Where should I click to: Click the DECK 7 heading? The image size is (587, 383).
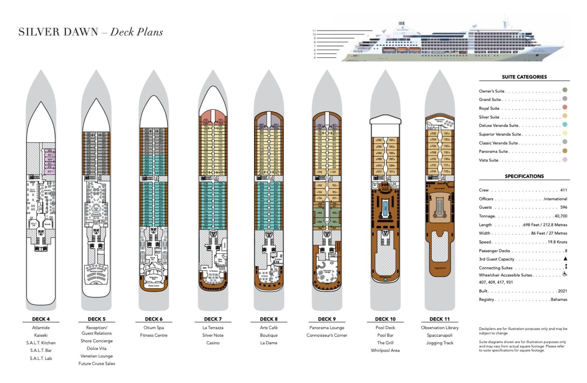(x=213, y=319)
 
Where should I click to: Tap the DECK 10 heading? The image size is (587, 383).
(x=385, y=319)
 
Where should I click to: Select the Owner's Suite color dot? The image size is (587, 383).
(x=565, y=90)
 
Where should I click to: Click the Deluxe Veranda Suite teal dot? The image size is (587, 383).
(x=565, y=124)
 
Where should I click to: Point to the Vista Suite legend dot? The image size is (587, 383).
(x=565, y=159)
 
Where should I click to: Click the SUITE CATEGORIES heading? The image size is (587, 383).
(x=524, y=77)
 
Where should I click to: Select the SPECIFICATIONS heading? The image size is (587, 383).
(x=524, y=176)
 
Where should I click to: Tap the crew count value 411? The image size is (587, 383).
(x=563, y=190)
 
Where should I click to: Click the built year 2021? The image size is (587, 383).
(x=562, y=291)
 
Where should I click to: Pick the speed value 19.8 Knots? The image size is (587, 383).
(x=557, y=242)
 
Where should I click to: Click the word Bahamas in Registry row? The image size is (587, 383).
(x=558, y=299)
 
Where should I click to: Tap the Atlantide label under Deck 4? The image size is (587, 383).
(x=41, y=328)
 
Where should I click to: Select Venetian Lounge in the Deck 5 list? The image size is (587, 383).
(x=97, y=356)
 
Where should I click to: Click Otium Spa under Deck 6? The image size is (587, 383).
(x=154, y=328)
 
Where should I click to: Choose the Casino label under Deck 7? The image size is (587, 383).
(x=213, y=343)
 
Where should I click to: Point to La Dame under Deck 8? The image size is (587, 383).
(x=269, y=343)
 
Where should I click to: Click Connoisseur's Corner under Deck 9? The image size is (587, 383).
(x=327, y=335)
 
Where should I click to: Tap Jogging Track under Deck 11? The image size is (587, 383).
(x=440, y=343)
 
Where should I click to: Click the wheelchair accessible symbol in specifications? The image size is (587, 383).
(x=565, y=274)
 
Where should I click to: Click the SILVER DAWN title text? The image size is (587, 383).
(x=58, y=32)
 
